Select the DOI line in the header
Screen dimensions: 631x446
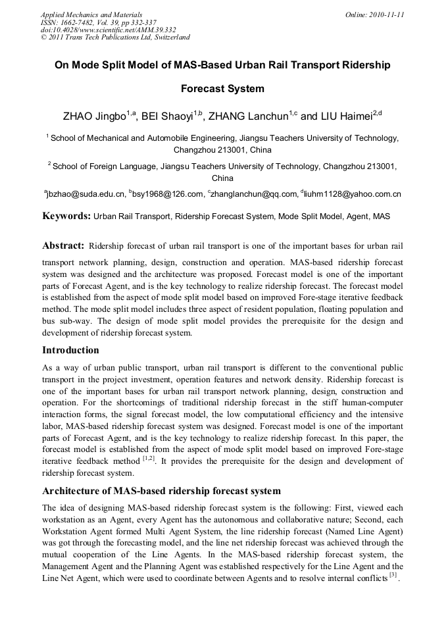(108, 30)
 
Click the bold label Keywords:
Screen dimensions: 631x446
(66, 216)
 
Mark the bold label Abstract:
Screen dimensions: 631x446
(63, 246)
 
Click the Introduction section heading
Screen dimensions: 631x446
(70, 350)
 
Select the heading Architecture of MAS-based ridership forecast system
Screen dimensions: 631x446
(161, 491)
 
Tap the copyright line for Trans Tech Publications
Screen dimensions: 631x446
(115, 38)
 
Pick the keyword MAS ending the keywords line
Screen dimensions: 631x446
(381, 216)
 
